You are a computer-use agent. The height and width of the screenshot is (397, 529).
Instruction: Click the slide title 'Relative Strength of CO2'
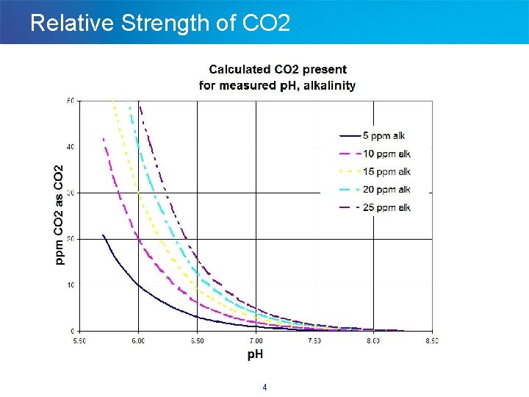160,23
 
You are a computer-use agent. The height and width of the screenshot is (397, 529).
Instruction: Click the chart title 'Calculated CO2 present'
278,70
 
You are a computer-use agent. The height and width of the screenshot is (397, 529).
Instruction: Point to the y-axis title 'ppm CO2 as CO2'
60,214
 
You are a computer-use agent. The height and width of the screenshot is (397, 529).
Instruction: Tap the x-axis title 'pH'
254,354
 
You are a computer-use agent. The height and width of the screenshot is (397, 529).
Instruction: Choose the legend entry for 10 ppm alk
375,154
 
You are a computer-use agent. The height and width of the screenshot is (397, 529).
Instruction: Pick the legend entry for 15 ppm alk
375,172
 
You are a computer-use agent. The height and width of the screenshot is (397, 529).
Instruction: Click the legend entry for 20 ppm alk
375,190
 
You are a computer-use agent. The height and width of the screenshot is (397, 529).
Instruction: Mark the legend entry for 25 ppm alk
375,208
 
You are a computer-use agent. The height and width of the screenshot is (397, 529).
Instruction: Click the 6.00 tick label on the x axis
137,341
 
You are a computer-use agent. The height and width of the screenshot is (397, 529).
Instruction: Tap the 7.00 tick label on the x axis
255,341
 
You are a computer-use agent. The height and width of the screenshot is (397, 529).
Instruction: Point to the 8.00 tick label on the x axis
373,341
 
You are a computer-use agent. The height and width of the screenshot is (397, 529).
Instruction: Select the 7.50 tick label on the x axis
314,341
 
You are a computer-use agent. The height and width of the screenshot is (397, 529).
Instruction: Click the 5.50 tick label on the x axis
79,341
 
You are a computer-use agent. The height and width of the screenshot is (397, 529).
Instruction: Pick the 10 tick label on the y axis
70,285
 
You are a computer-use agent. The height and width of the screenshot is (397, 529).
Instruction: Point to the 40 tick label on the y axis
70,147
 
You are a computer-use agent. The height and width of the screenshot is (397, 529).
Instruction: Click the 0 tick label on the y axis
72,331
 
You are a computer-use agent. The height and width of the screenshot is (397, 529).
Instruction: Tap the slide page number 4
264,387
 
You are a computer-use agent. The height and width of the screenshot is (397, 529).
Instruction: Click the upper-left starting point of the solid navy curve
103,235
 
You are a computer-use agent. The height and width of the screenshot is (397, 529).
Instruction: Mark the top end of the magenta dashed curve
103,138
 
